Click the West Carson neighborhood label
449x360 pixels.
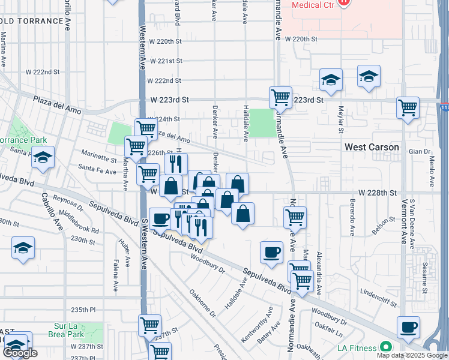[372, 147]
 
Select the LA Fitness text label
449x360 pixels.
[357, 348]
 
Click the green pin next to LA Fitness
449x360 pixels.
[385, 347]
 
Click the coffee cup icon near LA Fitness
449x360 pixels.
[408, 327]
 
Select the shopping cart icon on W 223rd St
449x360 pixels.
[280, 97]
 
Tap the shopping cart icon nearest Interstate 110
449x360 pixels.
[408, 108]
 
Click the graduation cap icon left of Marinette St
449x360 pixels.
[43, 157]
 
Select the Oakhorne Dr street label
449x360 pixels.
[202, 304]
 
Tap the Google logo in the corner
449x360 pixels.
[20, 353]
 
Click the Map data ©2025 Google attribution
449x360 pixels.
[411, 355]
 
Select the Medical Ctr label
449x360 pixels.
[312, 5]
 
